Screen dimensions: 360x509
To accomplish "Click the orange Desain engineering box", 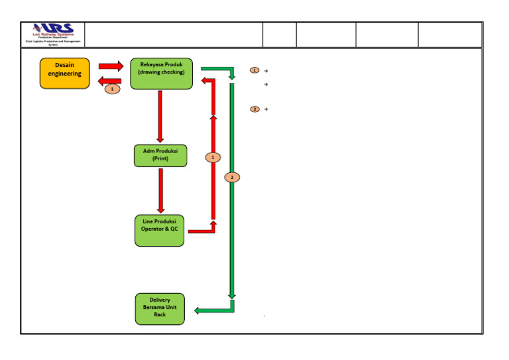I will click(x=64, y=74).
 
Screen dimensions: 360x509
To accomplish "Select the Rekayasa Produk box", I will click(x=161, y=74).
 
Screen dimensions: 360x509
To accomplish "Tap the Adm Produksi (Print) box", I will click(x=160, y=155).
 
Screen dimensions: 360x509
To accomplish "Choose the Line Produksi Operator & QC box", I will click(x=160, y=230).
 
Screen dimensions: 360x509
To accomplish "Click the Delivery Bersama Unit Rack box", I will click(x=160, y=308).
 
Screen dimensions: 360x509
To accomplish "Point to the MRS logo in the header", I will click(x=53, y=30).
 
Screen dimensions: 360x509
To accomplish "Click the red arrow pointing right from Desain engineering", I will click(x=111, y=66).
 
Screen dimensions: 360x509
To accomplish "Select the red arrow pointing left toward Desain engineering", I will click(x=109, y=81).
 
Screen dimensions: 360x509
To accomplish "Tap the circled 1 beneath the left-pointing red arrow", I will click(x=113, y=89).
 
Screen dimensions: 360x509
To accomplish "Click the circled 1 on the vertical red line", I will click(x=213, y=157).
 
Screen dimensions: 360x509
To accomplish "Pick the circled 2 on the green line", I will click(x=232, y=177).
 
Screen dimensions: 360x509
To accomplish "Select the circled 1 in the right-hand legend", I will click(x=254, y=70).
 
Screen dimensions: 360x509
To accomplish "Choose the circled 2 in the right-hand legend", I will click(x=254, y=109).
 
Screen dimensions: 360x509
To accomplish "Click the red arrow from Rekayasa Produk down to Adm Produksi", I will click(x=160, y=115).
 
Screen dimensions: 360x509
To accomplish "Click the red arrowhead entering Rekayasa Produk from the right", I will click(x=205, y=81).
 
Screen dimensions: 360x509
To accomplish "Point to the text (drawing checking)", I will click(x=161, y=72).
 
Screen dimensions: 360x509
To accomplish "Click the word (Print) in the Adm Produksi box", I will click(x=160, y=159).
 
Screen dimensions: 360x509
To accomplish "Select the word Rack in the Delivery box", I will click(x=160, y=315).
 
